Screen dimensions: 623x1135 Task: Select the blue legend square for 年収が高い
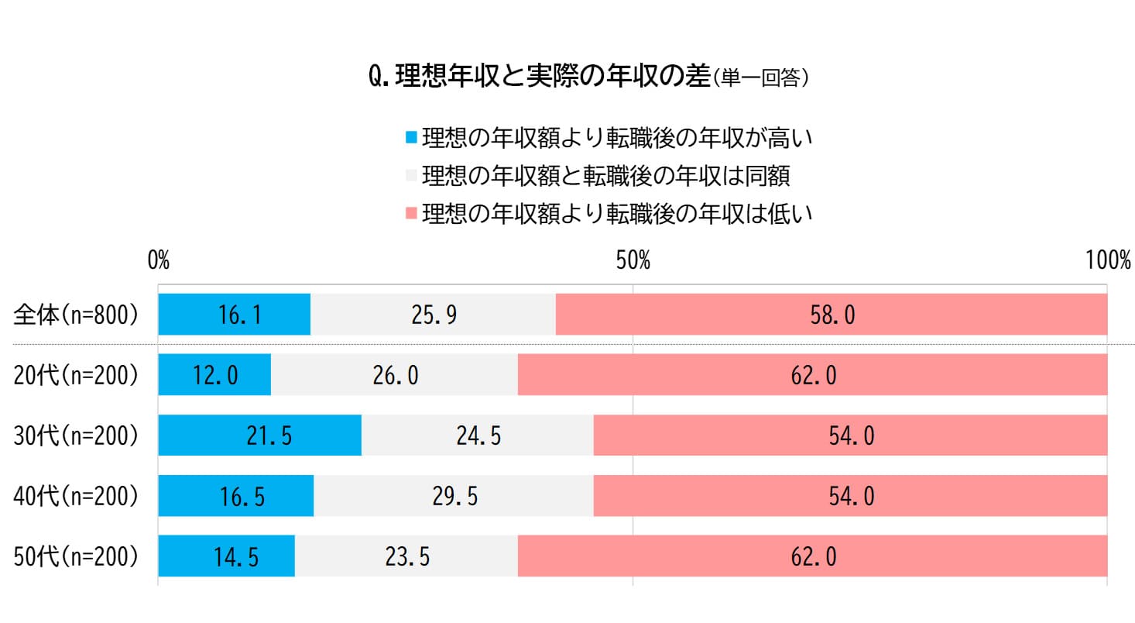click(x=411, y=139)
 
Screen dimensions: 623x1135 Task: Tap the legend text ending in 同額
click(x=606, y=176)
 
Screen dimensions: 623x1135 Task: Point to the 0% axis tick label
click(x=159, y=260)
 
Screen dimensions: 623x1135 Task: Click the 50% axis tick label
click(x=633, y=260)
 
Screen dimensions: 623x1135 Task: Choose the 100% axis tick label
click(x=1108, y=260)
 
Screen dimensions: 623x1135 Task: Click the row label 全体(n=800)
click(x=76, y=315)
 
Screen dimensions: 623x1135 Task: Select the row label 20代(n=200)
click(x=76, y=375)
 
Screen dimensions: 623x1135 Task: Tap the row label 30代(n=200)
click(x=76, y=435)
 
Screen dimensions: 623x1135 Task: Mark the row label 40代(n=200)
click(x=76, y=496)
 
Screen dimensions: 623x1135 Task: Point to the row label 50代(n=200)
click(x=76, y=556)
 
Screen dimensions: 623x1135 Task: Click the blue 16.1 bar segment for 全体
click(x=234, y=315)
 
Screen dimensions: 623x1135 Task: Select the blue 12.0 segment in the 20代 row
click(x=214, y=375)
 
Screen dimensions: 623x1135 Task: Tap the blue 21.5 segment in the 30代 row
click(x=259, y=435)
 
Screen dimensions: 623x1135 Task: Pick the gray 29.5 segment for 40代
click(x=454, y=496)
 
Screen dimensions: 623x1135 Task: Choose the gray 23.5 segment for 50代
click(x=406, y=556)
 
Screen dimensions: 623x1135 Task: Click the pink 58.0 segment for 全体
click(x=832, y=315)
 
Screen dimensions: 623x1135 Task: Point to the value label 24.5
click(x=478, y=436)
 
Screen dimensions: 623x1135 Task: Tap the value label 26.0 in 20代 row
click(x=395, y=376)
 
